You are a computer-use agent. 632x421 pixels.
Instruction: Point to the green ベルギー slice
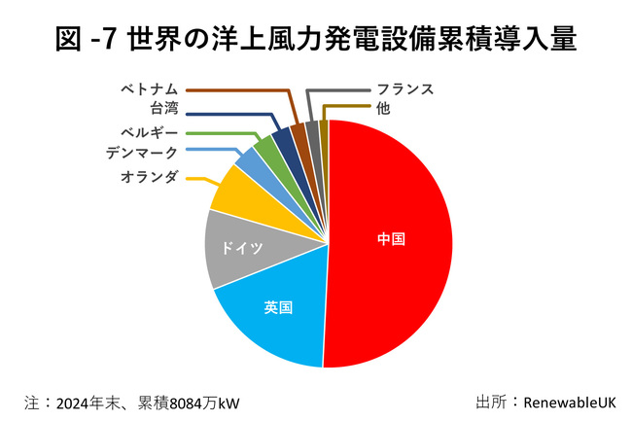coord(265,151)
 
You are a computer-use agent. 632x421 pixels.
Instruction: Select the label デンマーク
coord(142,152)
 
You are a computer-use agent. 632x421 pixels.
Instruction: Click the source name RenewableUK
coord(569,401)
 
